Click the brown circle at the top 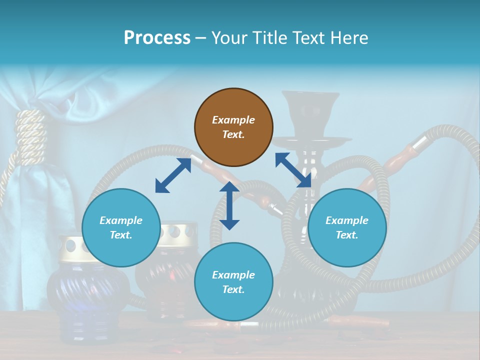(233, 127)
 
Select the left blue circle (121, 227)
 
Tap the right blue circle (347, 227)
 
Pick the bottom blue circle (233, 282)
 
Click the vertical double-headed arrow (229, 205)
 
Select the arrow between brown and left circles (173, 175)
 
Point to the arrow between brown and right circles (293, 170)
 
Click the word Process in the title (157, 37)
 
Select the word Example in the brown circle (233, 120)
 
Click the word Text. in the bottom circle (233, 289)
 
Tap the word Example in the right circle (347, 220)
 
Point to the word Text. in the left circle (121, 235)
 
